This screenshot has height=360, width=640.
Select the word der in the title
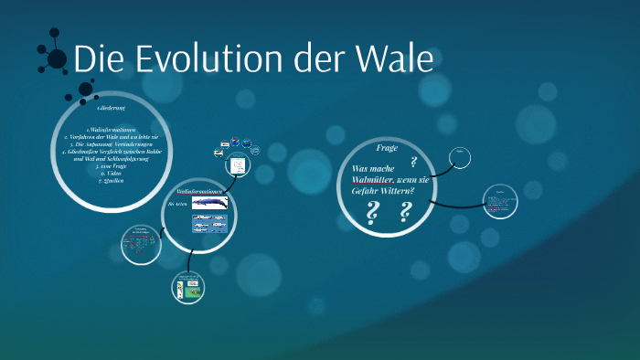pos(315,59)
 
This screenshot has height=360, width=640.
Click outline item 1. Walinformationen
pos(112,130)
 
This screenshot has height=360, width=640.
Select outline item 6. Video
pos(112,174)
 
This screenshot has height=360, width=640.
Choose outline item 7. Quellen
pos(112,180)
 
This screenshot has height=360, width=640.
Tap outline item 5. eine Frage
pos(112,166)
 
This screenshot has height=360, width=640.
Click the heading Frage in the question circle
pos(387,147)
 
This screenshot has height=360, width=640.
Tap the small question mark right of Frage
pos(414,162)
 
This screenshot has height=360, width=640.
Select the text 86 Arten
pos(177,207)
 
